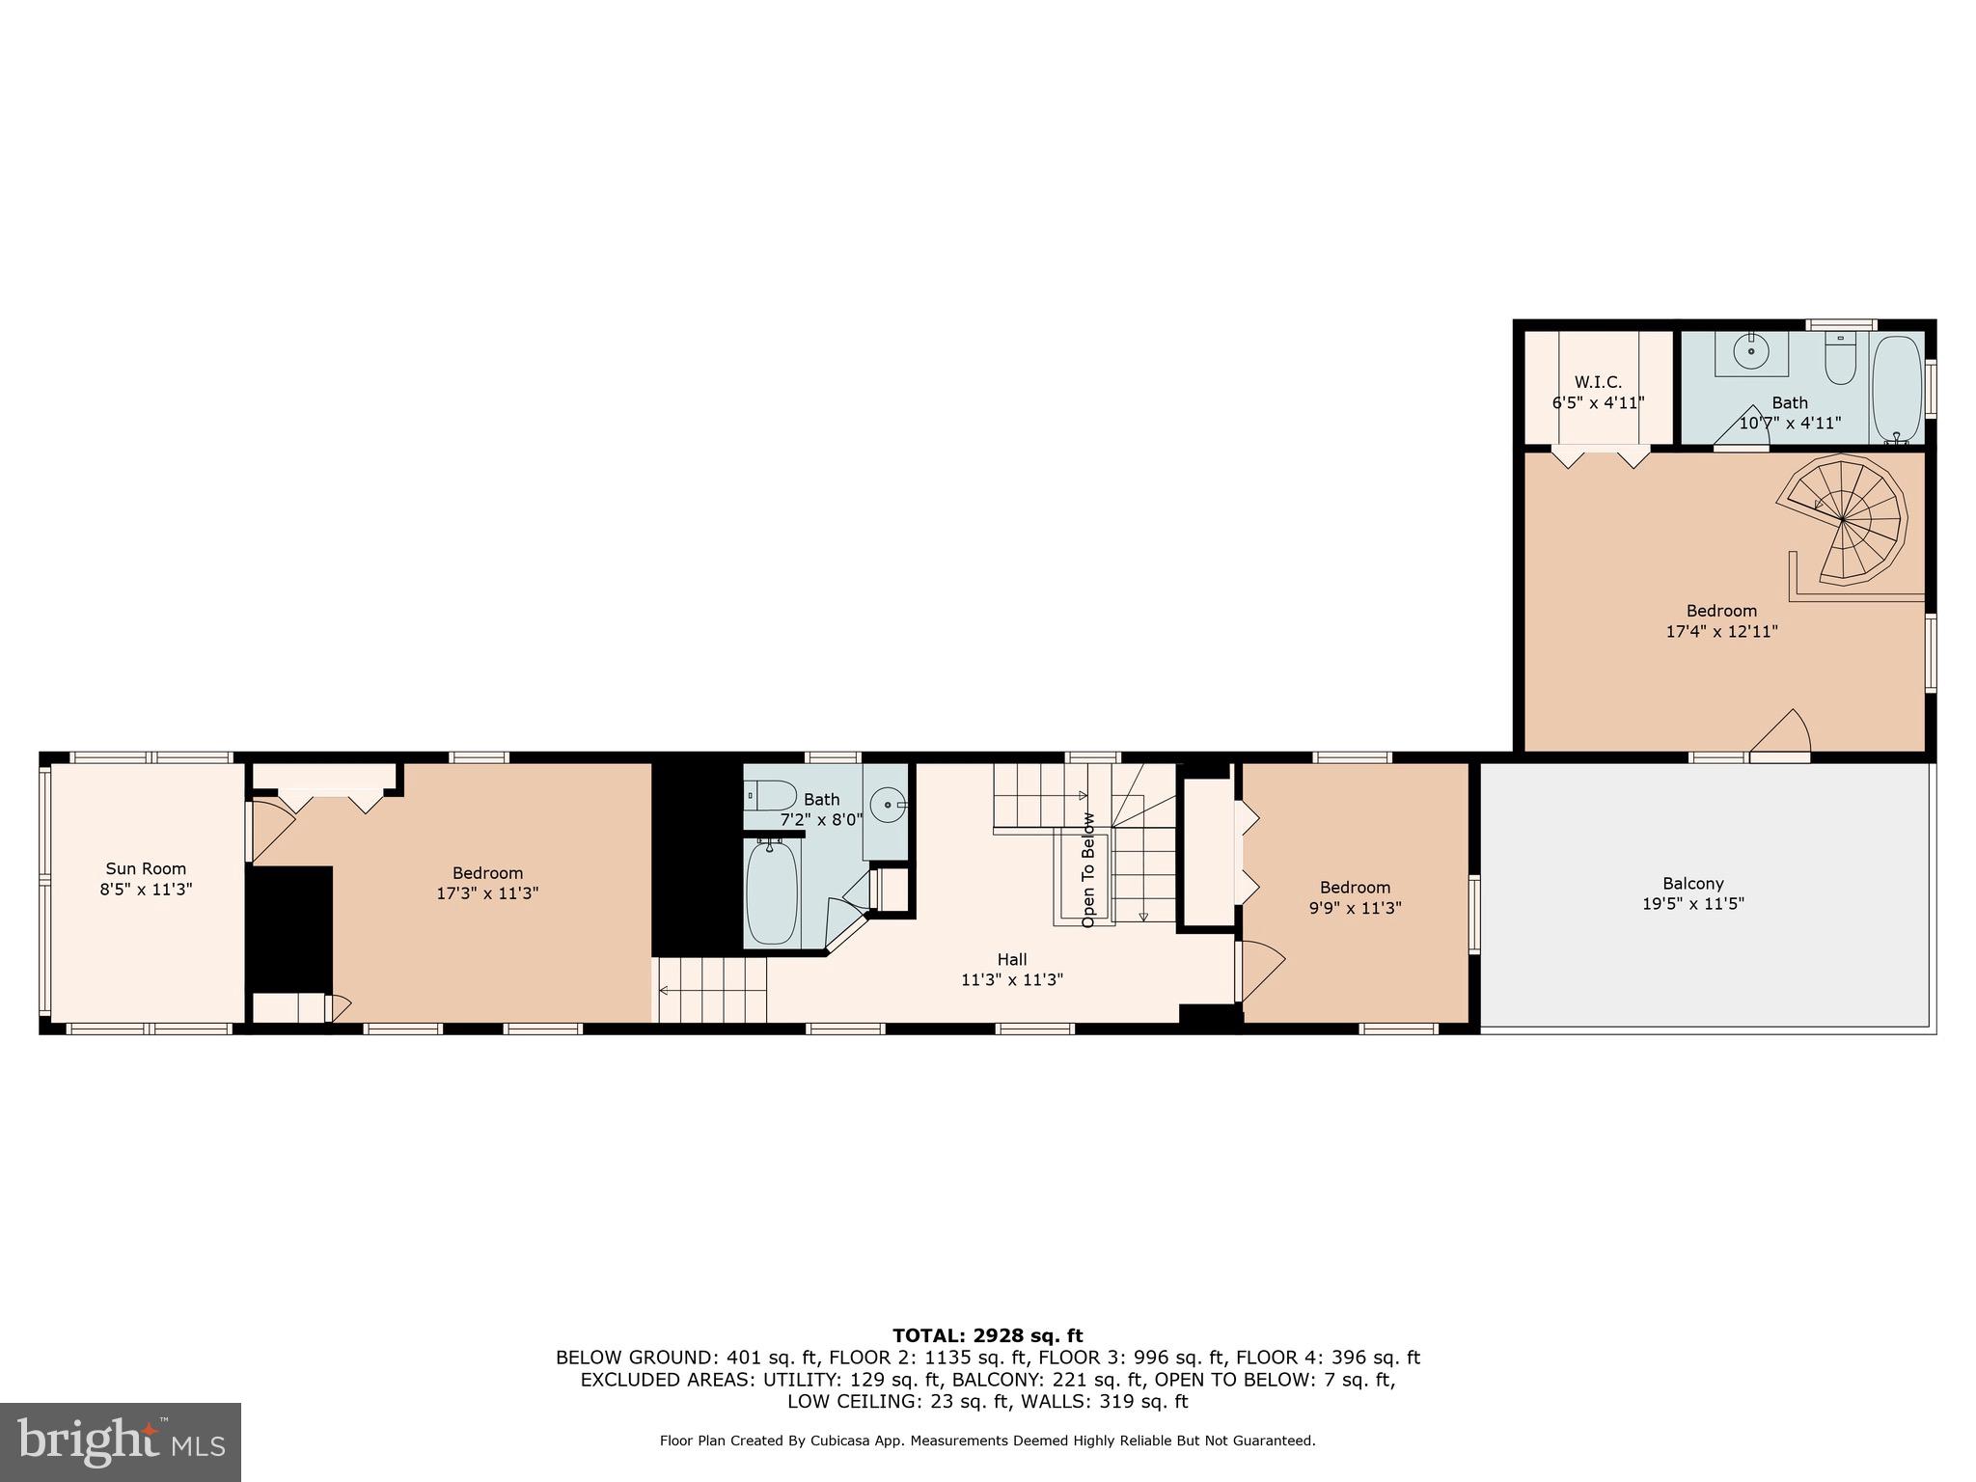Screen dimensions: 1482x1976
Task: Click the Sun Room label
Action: click(146, 868)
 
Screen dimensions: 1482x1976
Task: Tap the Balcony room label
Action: click(1692, 883)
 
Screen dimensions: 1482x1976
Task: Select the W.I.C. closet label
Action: click(1598, 382)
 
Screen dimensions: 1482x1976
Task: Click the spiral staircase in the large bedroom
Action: click(1844, 521)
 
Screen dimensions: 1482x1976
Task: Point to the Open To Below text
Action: click(1088, 870)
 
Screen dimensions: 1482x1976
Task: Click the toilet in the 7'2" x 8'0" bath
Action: click(772, 796)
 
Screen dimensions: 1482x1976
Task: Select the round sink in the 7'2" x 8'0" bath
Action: click(887, 804)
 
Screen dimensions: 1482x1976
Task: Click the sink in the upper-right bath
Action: click(1750, 351)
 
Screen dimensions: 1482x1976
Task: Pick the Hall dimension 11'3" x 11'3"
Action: click(1012, 980)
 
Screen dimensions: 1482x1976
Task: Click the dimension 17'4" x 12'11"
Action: click(1721, 632)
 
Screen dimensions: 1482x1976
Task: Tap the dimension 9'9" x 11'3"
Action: click(1355, 908)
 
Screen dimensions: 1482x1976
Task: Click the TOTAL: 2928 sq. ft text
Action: click(987, 1335)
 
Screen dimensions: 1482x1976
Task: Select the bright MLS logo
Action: click(120, 1441)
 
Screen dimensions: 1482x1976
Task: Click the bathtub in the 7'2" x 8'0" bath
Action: click(772, 892)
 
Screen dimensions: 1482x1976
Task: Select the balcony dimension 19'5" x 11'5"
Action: click(1692, 904)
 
